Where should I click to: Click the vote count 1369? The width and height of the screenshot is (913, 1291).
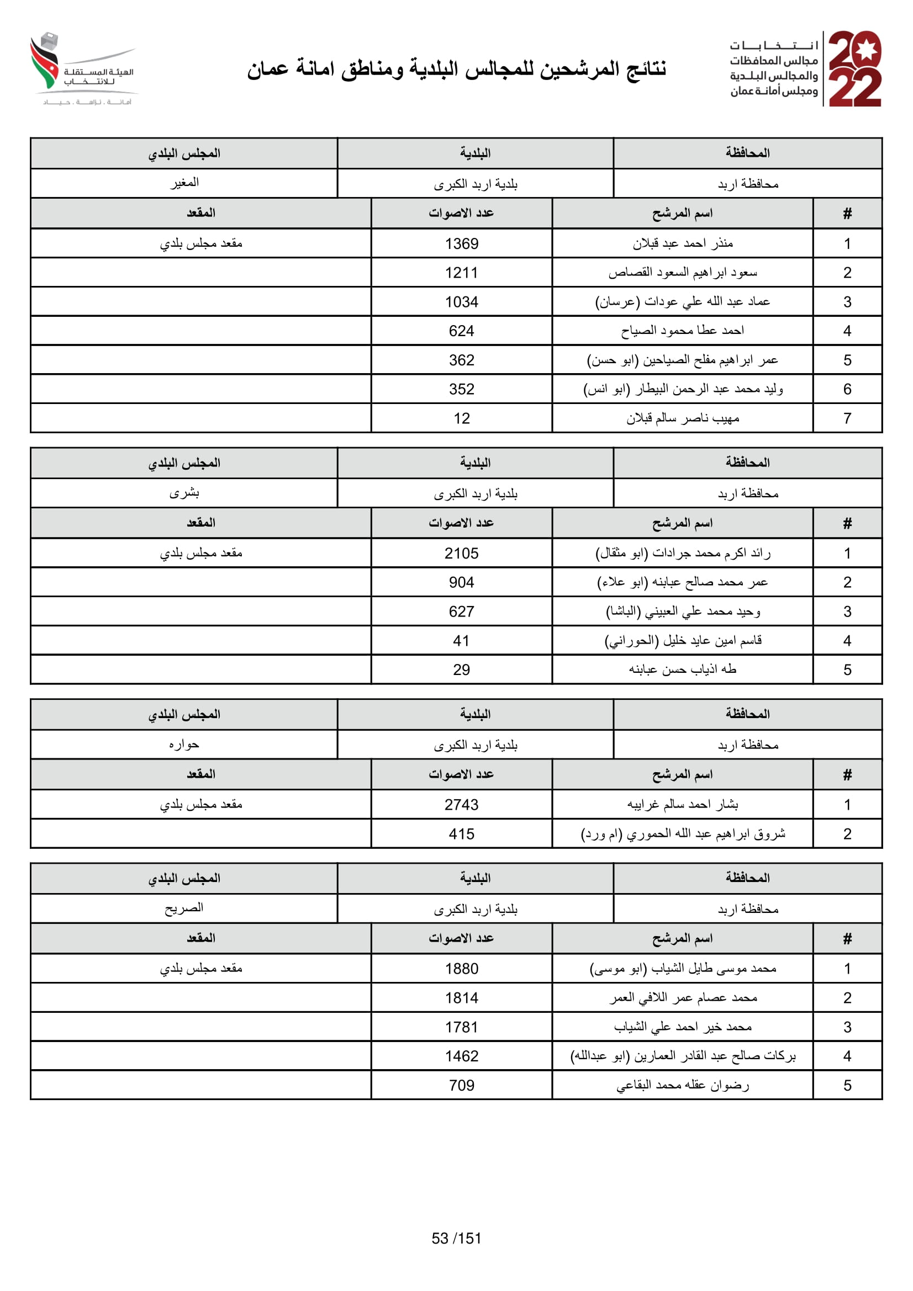pyautogui.click(x=461, y=243)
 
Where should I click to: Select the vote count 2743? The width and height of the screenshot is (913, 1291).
pyautogui.click(x=461, y=805)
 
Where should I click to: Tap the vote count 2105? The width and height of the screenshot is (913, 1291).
pyautogui.click(x=461, y=553)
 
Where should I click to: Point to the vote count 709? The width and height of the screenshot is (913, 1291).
pyautogui.click(x=461, y=1085)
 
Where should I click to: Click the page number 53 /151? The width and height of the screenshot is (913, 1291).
pyautogui.click(x=456, y=1238)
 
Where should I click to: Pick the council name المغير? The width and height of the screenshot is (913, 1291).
pyautogui.click(x=184, y=183)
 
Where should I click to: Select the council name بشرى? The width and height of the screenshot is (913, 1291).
pyautogui.click(x=184, y=493)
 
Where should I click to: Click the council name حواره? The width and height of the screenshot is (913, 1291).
pyautogui.click(x=184, y=745)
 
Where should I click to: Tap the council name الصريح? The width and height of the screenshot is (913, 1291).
pyautogui.click(x=184, y=908)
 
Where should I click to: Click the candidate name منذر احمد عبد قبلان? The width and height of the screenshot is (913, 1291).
pyautogui.click(x=682, y=243)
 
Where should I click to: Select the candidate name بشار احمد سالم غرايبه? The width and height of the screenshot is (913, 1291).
pyautogui.click(x=682, y=805)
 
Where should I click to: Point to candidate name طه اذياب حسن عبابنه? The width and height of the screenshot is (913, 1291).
pyautogui.click(x=682, y=669)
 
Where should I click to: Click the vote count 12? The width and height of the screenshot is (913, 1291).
pyautogui.click(x=461, y=418)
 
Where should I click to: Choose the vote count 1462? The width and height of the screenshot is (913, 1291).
pyautogui.click(x=461, y=1056)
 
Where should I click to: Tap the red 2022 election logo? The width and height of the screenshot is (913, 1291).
pyautogui.click(x=854, y=68)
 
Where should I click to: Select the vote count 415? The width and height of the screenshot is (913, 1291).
pyautogui.click(x=461, y=834)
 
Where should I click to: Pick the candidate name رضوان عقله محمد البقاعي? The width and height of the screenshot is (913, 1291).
pyautogui.click(x=682, y=1085)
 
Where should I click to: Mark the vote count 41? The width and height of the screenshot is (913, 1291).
pyautogui.click(x=461, y=640)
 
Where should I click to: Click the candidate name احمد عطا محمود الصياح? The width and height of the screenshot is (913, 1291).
pyautogui.click(x=682, y=331)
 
